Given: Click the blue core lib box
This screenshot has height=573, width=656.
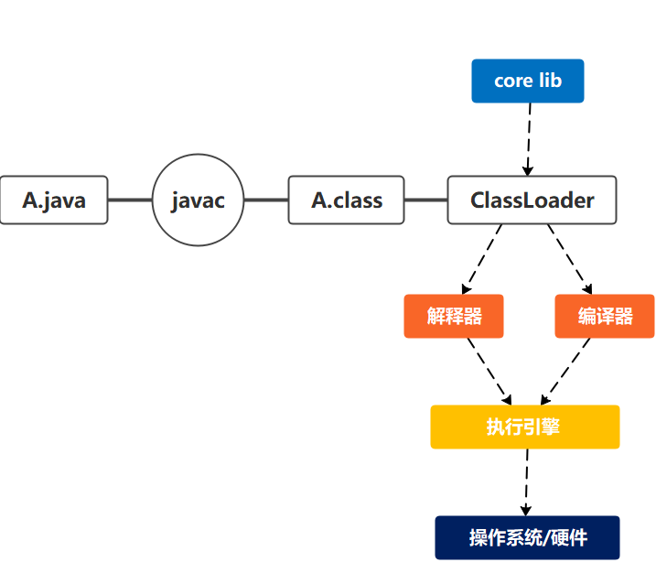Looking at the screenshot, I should click(527, 81).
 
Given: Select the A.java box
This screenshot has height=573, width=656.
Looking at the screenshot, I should click(54, 200).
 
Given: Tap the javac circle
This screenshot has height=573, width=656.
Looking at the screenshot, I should click(199, 200).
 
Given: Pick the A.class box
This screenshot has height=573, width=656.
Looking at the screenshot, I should click(346, 200).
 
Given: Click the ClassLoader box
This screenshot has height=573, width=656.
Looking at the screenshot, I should click(532, 200).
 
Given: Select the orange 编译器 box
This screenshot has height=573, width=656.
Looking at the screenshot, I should click(604, 316).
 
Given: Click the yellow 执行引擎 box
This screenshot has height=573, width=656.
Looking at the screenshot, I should click(524, 427).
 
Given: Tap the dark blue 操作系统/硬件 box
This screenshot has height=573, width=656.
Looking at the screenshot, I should click(527, 537).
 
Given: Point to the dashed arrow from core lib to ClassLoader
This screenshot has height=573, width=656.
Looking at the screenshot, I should click(529, 137).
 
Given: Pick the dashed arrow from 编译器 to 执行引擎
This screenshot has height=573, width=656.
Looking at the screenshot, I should click(566, 371).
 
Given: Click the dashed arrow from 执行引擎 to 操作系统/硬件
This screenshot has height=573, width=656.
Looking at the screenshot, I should click(527, 482).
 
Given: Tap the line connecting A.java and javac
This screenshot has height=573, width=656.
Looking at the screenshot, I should click(130, 200).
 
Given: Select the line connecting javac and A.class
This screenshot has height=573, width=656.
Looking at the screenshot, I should click(266, 200).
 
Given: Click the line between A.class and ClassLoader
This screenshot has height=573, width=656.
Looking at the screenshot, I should click(425, 200).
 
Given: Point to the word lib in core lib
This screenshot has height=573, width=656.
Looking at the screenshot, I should click(549, 81).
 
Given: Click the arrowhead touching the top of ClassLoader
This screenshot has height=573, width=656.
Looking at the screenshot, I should click(528, 170).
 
